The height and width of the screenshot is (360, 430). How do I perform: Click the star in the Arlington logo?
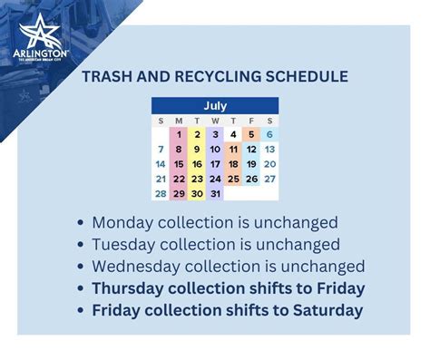(x=40, y=34)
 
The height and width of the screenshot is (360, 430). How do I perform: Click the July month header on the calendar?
(x=215, y=106)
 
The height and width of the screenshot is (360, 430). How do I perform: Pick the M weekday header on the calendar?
(x=179, y=121)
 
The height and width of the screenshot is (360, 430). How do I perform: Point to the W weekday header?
(x=215, y=121)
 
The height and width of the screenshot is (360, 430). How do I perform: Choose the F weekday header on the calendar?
(x=251, y=121)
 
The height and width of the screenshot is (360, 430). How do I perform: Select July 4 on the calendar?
(x=233, y=135)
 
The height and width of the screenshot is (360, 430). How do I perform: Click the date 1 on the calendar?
(x=179, y=135)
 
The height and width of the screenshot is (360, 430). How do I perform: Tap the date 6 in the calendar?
(x=269, y=135)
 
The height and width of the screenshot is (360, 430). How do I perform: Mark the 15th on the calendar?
(x=179, y=164)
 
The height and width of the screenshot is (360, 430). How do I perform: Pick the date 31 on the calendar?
(x=215, y=193)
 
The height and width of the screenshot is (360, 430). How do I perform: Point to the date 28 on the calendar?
(x=161, y=193)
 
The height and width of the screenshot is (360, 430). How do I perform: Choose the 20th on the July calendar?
(x=269, y=164)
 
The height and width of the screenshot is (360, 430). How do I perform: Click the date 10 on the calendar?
(x=215, y=150)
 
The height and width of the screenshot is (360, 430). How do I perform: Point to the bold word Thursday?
(x=132, y=288)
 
